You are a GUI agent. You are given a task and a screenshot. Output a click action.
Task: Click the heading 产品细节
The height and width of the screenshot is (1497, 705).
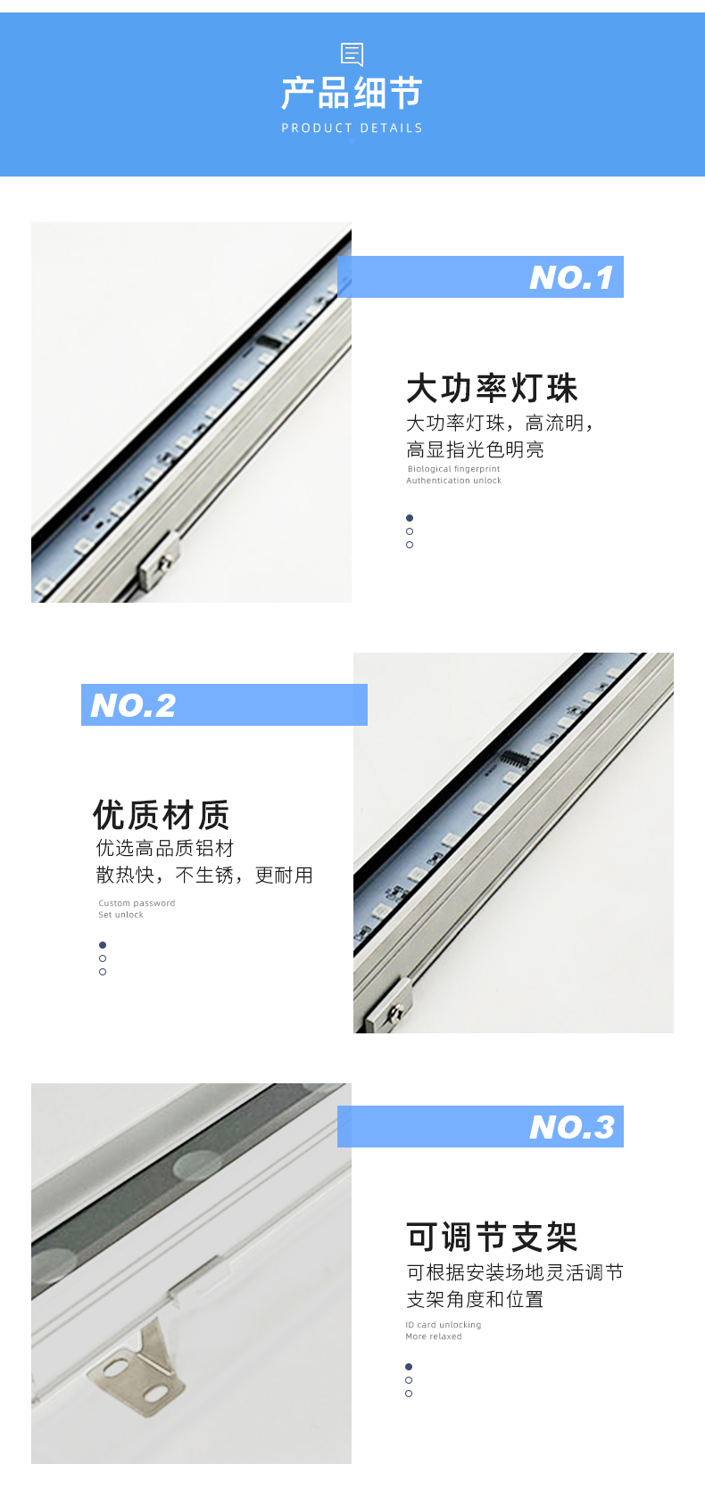pos(352,92)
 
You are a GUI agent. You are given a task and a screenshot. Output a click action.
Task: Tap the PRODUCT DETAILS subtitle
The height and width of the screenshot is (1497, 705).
pos(352,127)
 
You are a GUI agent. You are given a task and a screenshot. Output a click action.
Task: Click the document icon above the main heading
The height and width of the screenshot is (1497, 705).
pos(352,54)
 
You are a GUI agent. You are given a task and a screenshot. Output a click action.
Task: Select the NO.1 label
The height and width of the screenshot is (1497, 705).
pos(571,277)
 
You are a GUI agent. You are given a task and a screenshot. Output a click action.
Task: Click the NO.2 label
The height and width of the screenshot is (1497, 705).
pos(133,705)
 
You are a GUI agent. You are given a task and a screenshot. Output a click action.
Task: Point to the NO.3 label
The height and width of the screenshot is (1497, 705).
pos(572,1127)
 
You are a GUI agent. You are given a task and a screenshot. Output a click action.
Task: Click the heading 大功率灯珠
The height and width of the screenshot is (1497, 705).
pos(492,388)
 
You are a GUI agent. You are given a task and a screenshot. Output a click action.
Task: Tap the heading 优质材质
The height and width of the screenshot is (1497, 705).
pos(162,815)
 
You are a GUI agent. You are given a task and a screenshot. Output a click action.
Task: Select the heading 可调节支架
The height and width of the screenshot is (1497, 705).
pos(492,1237)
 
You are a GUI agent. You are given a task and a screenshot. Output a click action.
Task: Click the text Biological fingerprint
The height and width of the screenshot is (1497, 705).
pos(453,469)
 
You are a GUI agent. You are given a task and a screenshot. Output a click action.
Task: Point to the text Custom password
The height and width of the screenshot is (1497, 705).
pos(137,903)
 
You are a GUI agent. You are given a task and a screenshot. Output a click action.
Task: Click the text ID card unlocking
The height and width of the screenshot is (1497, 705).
pos(443,1325)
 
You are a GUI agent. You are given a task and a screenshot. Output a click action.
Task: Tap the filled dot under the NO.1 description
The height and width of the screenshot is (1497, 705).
pos(410,518)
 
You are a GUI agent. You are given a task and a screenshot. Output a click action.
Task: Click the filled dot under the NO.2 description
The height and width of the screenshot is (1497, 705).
pos(103,945)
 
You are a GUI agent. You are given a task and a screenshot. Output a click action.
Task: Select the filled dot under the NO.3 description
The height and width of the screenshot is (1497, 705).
pos(409,1367)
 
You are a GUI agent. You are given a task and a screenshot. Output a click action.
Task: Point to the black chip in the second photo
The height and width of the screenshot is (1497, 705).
pos(515,759)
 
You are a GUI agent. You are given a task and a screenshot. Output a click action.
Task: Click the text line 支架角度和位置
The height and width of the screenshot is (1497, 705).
pos(474,1299)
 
